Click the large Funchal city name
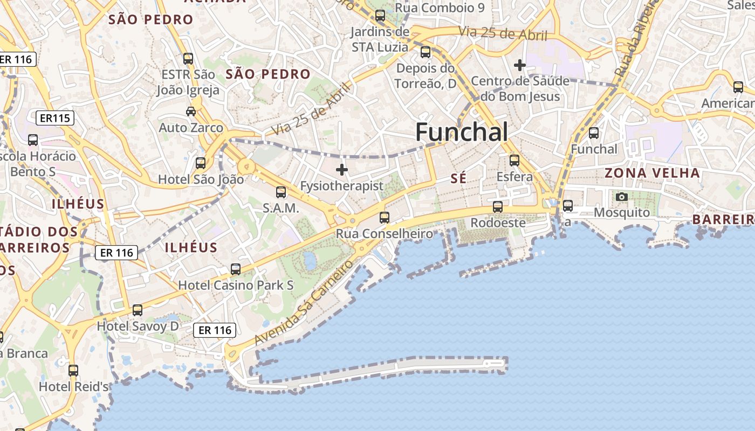[462, 132]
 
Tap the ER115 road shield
[56, 118]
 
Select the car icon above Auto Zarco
[191, 111]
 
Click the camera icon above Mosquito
[622, 197]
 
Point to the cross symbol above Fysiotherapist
[342, 170]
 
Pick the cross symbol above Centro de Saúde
[520, 65]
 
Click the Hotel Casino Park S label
[236, 285]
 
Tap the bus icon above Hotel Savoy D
[138, 310]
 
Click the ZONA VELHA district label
[653, 173]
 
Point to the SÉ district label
[458, 178]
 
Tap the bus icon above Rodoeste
[498, 206]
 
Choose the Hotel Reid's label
[74, 386]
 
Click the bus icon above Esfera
[514, 160]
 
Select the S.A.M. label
[280, 208]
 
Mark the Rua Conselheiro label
[384, 234]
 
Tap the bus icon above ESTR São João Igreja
[188, 58]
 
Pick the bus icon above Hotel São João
[201, 163]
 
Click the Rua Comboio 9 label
[440, 8]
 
